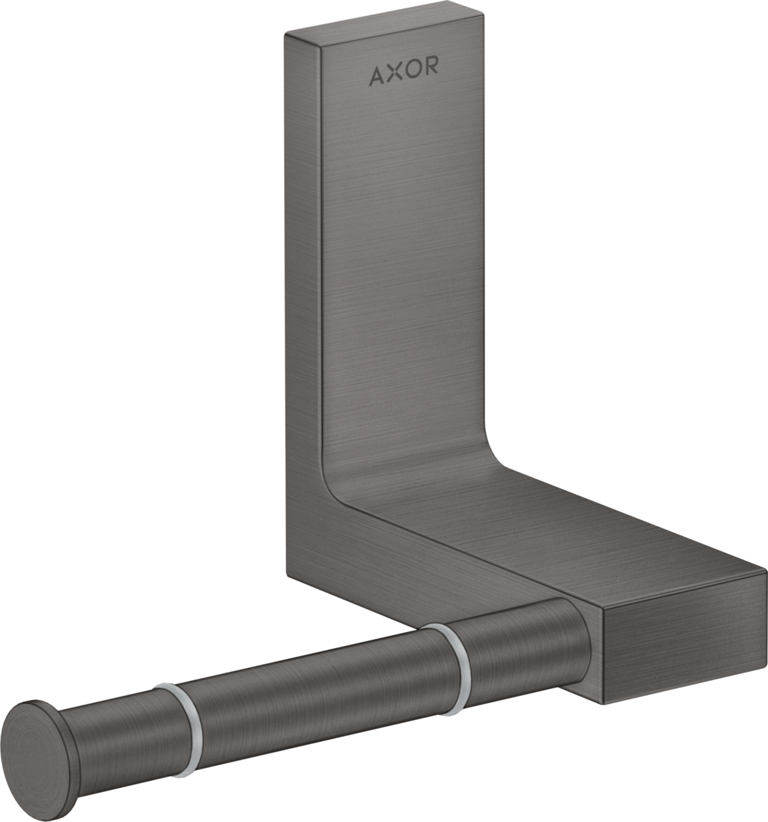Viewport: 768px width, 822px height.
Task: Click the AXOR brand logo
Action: (x=404, y=75)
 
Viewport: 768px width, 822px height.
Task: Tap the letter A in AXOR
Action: (x=377, y=75)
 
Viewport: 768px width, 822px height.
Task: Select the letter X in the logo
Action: (x=395, y=75)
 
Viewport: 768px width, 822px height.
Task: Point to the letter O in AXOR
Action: (x=413, y=75)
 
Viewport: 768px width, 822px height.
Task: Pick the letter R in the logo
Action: (x=431, y=75)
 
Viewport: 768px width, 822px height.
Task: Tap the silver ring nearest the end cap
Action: (x=175, y=712)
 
